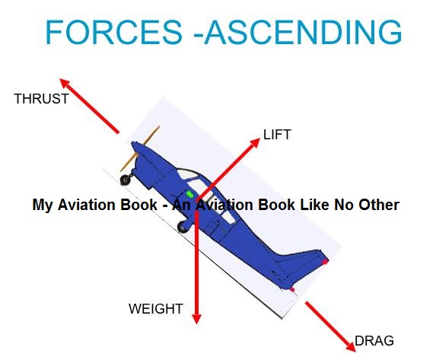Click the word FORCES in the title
(114, 33)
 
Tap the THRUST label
(41, 98)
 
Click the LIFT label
(277, 135)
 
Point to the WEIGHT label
(155, 308)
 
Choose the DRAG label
(374, 340)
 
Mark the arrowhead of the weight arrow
(196, 318)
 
